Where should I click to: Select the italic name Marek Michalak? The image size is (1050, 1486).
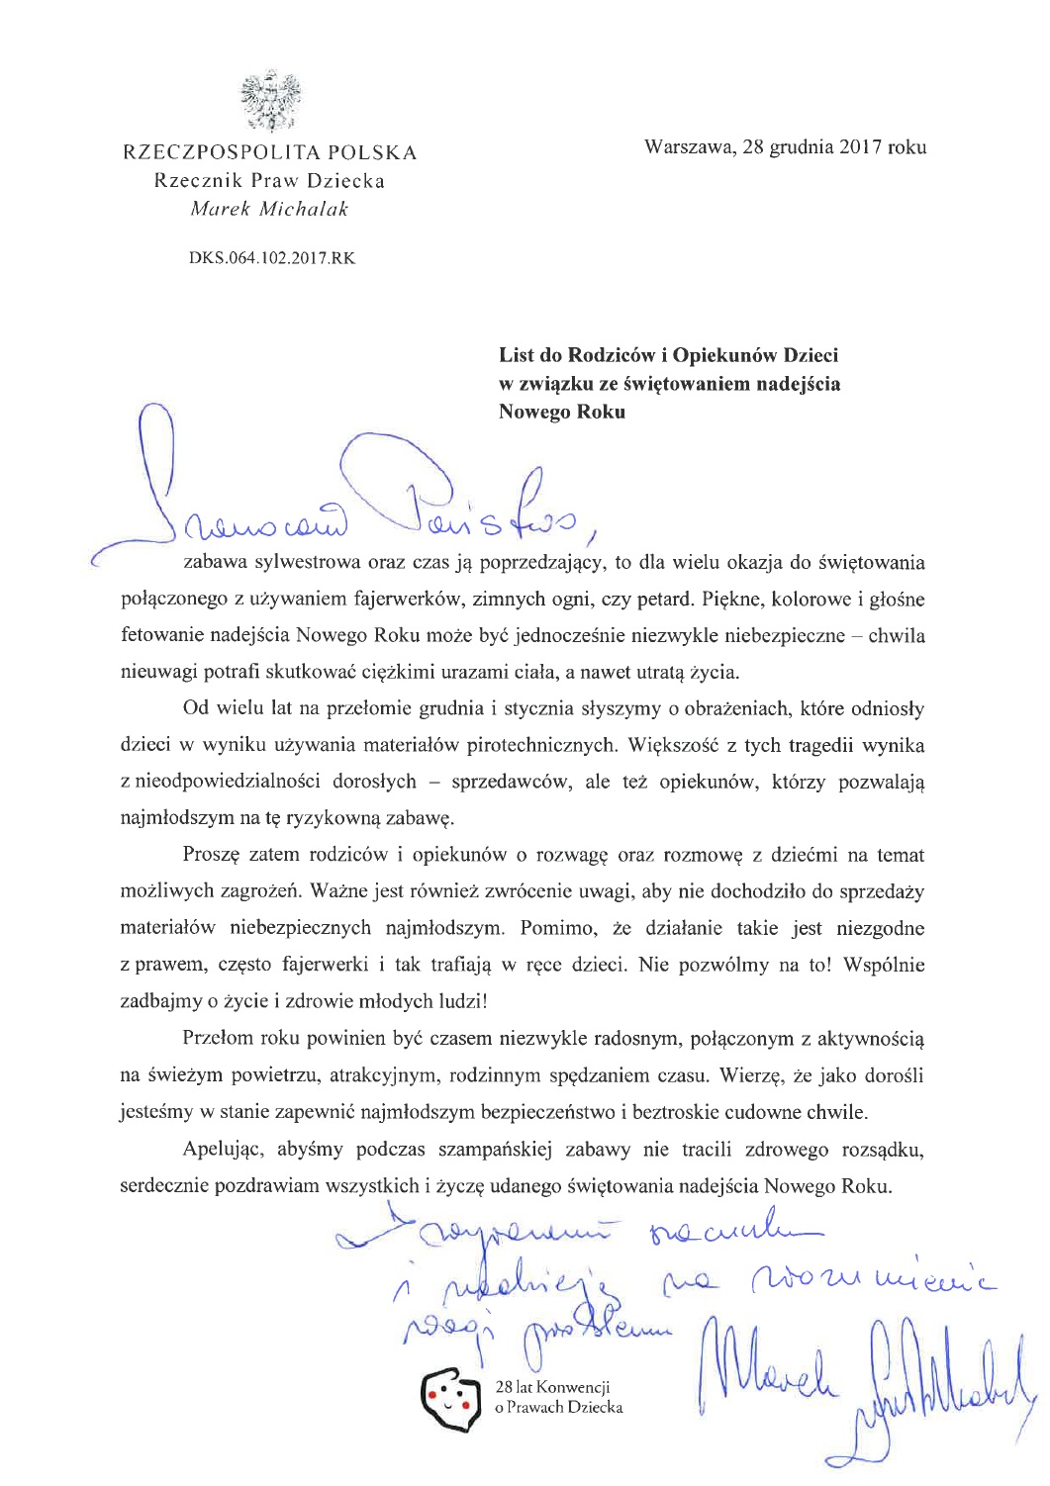coord(269,209)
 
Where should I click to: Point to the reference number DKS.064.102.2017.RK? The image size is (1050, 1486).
coord(271,258)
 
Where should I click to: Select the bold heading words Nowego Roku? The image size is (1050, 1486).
coord(561,412)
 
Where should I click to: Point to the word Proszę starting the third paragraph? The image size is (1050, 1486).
coord(212,855)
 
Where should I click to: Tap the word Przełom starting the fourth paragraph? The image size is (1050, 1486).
coord(219,1038)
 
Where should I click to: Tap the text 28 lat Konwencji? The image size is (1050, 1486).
coord(552,1387)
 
